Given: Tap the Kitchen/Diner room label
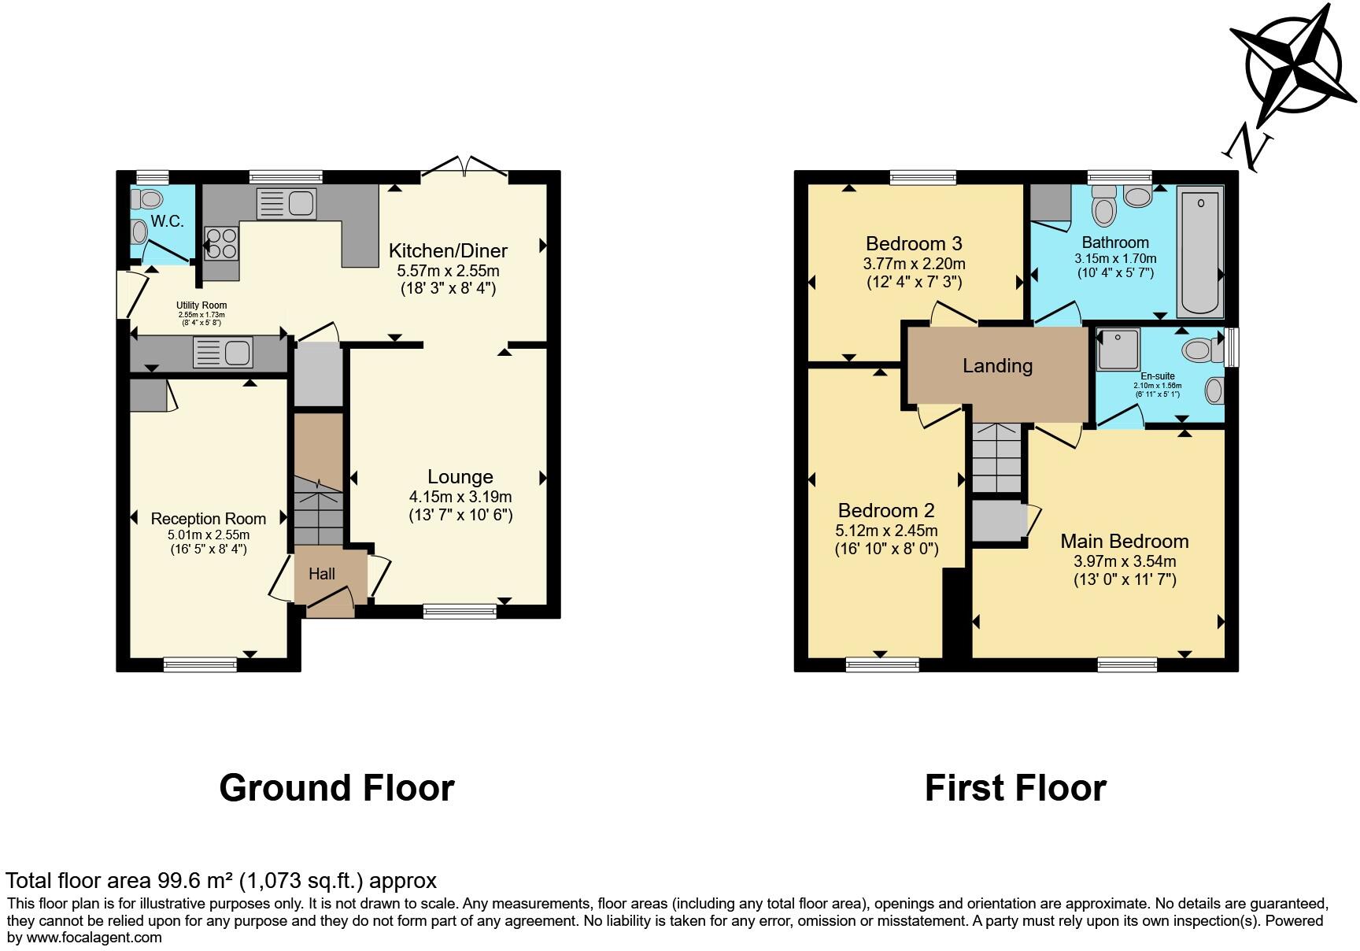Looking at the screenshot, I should pyautogui.click(x=448, y=251).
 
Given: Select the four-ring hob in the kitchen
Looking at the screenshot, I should pyautogui.click(x=221, y=242).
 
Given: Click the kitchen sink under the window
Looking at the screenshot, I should pyautogui.click(x=286, y=204).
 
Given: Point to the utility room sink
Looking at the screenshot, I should pyautogui.click(x=224, y=352).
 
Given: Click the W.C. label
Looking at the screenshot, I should pyautogui.click(x=167, y=221).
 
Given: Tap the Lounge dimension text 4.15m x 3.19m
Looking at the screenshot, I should pyautogui.click(x=460, y=497).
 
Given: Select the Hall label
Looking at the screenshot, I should pyautogui.click(x=321, y=574).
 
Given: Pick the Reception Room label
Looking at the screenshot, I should pyautogui.click(x=208, y=519).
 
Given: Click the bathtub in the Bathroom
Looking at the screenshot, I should pyautogui.click(x=1199, y=250).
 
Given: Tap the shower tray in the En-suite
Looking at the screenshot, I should pyautogui.click(x=1118, y=350).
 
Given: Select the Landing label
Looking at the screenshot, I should pyautogui.click(x=997, y=365).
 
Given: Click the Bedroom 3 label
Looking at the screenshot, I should pyautogui.click(x=913, y=243).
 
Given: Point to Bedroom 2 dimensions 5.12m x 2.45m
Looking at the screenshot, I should pyautogui.click(x=885, y=531).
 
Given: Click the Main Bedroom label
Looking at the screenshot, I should pyautogui.click(x=1124, y=541).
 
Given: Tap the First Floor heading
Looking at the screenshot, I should pyautogui.click(x=1014, y=788).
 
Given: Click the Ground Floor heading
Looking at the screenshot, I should pyautogui.click(x=336, y=788).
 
